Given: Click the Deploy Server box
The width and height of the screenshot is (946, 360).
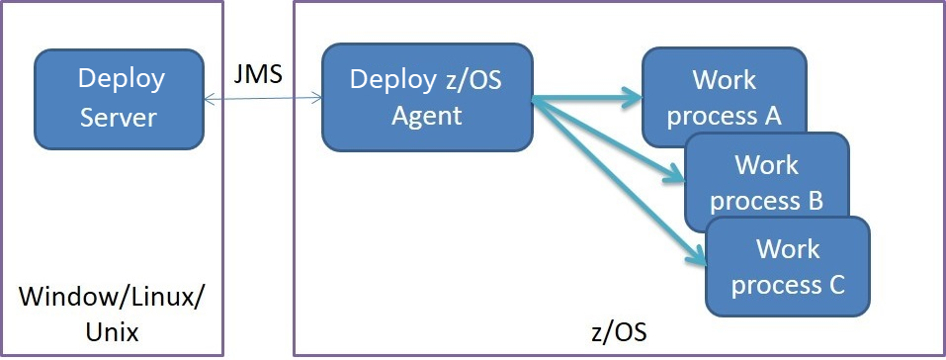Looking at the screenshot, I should (x=119, y=98).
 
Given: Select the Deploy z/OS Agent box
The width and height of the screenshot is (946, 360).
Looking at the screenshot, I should (x=426, y=97).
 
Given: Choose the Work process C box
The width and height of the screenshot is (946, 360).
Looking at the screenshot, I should (x=788, y=265).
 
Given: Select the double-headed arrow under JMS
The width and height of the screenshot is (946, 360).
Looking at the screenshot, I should (x=262, y=98).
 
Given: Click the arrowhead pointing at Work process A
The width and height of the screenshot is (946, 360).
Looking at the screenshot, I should (x=633, y=98).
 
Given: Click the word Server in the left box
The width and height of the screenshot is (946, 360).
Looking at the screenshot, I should (x=119, y=117).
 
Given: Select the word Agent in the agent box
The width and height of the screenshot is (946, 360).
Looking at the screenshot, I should (x=426, y=115).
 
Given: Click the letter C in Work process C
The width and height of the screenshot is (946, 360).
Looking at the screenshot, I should (x=834, y=285).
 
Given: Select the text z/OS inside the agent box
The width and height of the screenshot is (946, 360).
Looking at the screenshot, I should (x=470, y=78).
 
